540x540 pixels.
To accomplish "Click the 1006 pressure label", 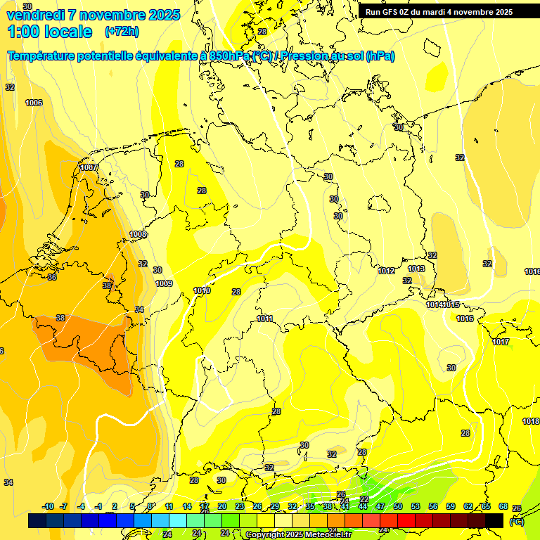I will [34, 103].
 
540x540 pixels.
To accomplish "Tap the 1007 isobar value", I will [89, 168].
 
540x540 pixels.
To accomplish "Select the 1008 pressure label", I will [138, 235].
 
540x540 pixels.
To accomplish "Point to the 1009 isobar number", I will [164, 284].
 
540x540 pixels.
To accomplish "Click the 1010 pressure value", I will [202, 291].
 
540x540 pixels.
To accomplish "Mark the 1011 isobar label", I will [264, 319].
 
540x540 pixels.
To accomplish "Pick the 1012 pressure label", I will [386, 271].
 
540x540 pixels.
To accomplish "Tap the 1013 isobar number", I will [416, 269].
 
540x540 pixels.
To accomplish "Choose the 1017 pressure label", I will [501, 342].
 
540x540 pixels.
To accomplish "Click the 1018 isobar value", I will [531, 422].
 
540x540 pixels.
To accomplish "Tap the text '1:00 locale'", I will [49, 32].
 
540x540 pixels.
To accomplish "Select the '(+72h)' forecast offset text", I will [122, 32].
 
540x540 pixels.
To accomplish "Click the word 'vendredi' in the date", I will [35, 15].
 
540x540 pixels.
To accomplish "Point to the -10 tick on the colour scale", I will [48, 506].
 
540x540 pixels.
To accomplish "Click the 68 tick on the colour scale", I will [503, 506].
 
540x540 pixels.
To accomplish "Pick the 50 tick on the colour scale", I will [398, 506].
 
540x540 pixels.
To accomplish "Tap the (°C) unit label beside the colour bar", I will [517, 522].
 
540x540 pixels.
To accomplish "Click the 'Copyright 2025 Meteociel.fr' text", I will [298, 535].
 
